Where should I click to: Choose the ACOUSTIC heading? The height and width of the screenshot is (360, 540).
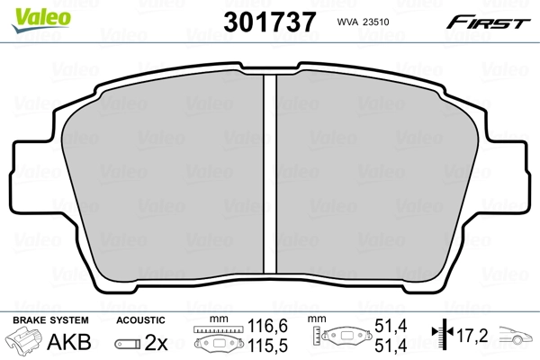140,320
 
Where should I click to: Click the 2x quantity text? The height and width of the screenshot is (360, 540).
157,343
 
